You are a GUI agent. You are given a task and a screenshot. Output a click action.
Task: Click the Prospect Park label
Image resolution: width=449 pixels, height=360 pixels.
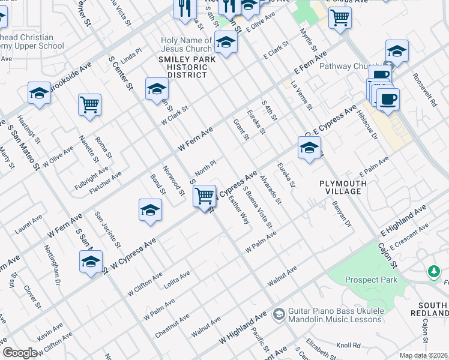tap(370, 280)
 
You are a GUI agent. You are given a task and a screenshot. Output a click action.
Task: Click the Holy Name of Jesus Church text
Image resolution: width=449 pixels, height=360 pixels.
tap(186, 45)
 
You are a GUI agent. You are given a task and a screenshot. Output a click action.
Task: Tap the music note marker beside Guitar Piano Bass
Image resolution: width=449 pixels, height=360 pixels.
tap(279, 313)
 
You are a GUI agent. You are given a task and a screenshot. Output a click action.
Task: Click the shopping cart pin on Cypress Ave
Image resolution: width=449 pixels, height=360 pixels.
tap(205, 196)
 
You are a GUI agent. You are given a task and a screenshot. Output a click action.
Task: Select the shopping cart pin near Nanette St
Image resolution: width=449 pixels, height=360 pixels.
tap(89, 105)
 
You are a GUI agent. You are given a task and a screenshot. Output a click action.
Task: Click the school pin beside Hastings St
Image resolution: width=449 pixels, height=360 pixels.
tap(39, 94)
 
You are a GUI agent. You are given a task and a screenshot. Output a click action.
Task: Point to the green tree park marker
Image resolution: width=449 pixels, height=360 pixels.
tap(433, 272)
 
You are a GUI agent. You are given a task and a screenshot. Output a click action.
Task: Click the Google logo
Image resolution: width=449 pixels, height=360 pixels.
tap(20, 353)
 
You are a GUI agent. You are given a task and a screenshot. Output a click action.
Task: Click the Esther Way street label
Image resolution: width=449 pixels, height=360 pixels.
tap(240, 211)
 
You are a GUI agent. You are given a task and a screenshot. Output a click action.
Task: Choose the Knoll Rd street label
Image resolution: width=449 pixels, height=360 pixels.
tap(348, 346)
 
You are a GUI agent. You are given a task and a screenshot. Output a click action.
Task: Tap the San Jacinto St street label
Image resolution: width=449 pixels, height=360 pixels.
tap(108, 230)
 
